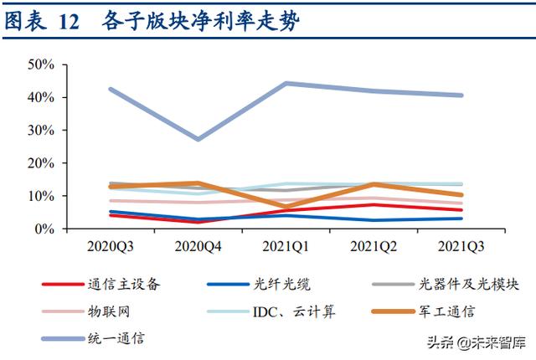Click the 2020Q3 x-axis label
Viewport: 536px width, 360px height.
point(111,248)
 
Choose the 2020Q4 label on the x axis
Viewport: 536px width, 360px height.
point(199,248)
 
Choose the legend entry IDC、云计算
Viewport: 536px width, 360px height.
point(290,311)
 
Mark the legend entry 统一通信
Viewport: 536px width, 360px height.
point(115,338)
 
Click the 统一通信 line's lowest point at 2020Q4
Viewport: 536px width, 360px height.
point(198,139)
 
